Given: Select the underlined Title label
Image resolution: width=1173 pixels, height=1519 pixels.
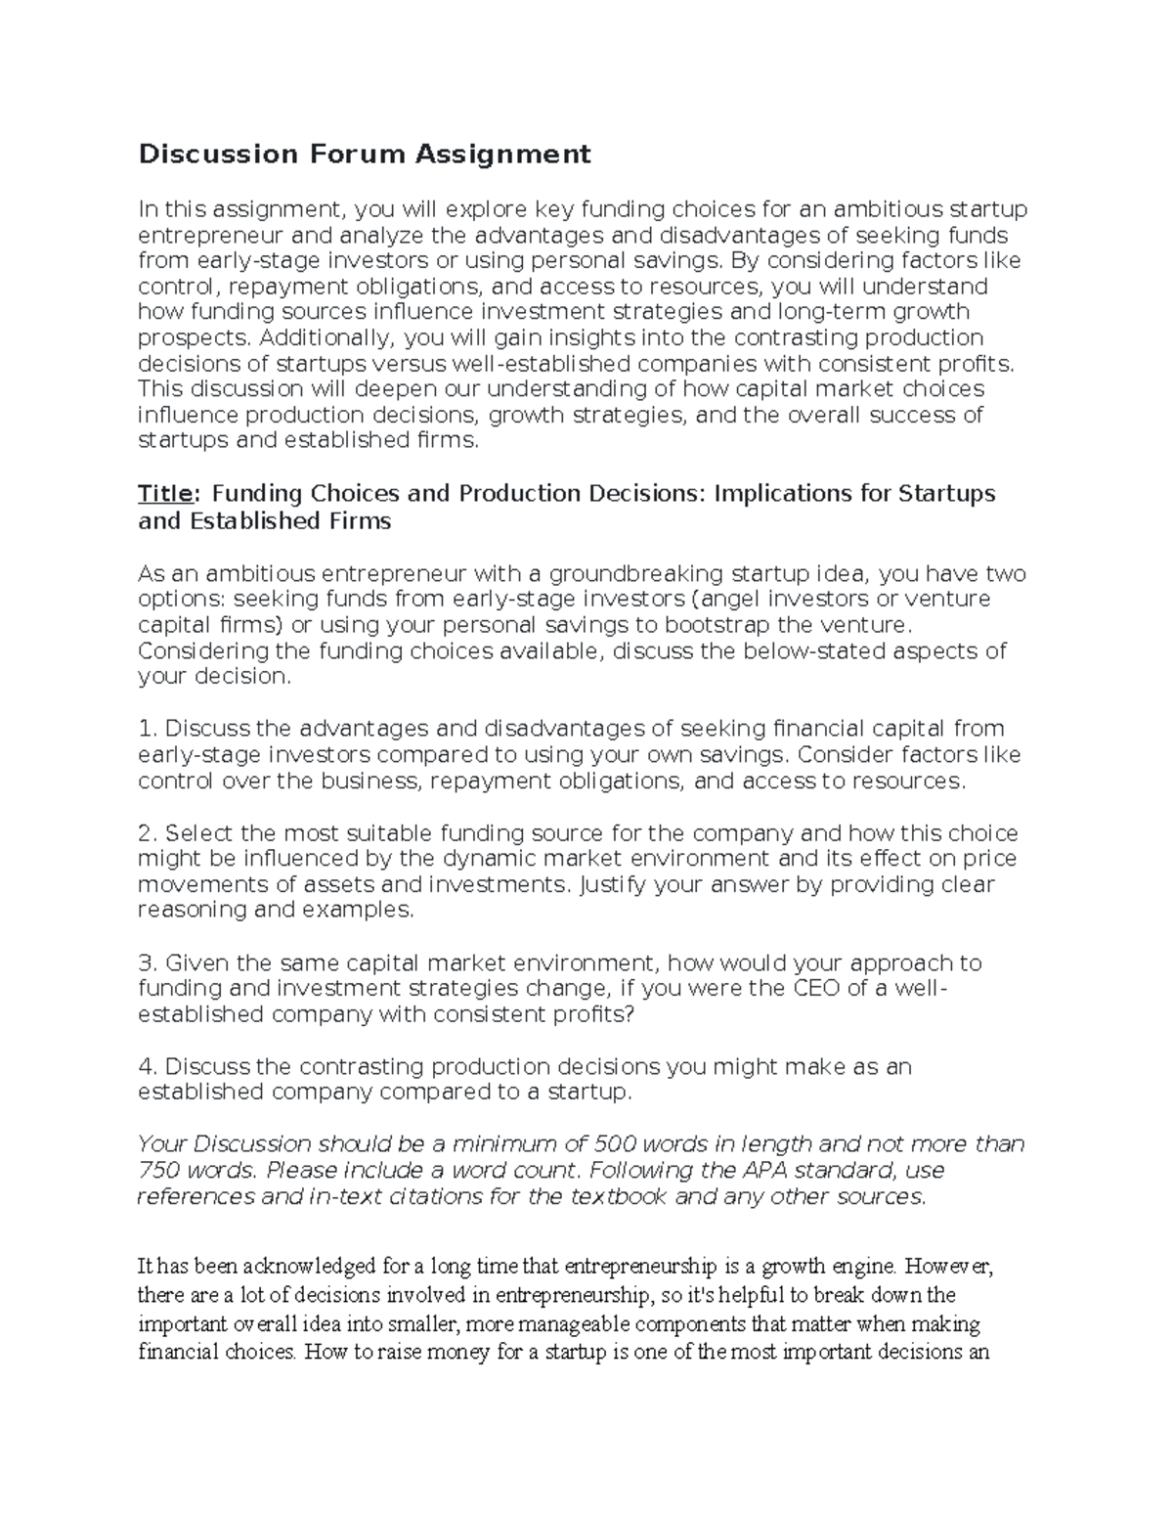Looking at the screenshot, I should [163, 493].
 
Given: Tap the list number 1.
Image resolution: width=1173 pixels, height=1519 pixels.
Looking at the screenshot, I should [147, 729].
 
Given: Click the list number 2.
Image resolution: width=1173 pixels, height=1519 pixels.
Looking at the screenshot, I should [147, 833].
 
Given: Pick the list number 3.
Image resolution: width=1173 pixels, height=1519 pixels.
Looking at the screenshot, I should [147, 962].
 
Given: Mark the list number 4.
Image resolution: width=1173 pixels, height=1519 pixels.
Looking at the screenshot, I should [147, 1066].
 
